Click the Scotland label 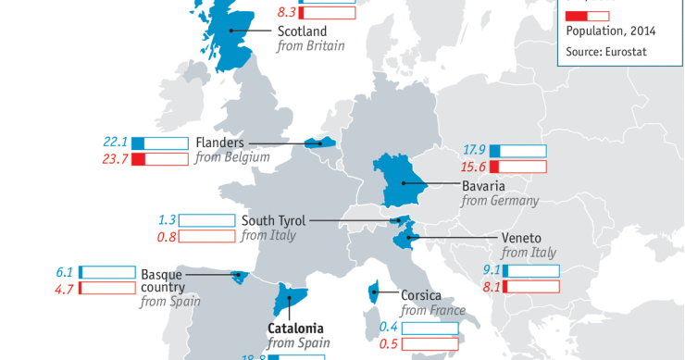tap(302, 30)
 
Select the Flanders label tap(219, 143)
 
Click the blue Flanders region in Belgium tap(319, 143)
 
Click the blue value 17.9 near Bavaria tap(474, 150)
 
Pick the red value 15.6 tap(474, 167)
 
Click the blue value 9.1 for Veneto tap(492, 271)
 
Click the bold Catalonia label tap(295, 328)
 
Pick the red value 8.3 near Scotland tap(288, 14)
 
